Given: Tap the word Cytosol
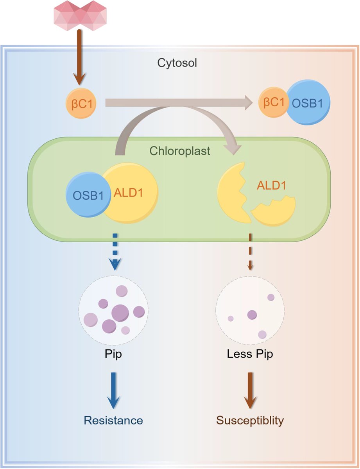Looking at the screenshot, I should click(177, 63).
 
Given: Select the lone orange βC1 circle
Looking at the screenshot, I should click(80, 103).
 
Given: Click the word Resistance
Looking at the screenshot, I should click(113, 420).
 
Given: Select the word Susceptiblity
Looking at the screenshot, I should click(250, 420).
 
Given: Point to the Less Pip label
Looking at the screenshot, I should click(250, 354).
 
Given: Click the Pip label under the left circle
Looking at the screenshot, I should click(113, 354).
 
